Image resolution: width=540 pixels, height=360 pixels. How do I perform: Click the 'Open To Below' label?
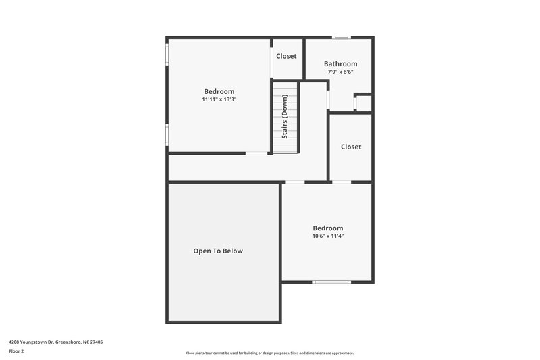tap(218, 251)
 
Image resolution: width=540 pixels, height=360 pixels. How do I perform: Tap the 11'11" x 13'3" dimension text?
tap(219, 99)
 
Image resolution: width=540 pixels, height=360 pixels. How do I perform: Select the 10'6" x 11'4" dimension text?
tap(327, 236)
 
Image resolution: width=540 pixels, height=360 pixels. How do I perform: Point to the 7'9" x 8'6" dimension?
tap(340, 72)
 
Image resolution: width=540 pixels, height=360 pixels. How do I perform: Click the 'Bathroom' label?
tap(340, 64)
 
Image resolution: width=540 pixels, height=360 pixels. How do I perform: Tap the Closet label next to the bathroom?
tap(286, 56)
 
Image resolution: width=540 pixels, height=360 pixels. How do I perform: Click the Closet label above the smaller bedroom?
tap(351, 147)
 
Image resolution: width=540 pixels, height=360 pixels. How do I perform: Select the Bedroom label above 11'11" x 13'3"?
tap(219, 91)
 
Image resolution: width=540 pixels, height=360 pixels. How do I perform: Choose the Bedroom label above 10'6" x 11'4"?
tap(327, 228)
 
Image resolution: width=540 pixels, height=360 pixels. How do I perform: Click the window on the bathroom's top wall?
tap(341, 37)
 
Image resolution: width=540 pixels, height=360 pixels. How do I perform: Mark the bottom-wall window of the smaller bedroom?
tap(332, 282)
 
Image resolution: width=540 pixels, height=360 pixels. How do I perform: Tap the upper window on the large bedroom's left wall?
tap(167, 55)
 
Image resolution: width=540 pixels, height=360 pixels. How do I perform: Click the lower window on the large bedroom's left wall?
tap(167, 134)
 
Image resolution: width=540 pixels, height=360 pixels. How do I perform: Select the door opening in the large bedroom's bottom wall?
tap(256, 153)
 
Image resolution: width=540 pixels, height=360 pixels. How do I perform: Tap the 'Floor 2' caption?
tap(16, 351)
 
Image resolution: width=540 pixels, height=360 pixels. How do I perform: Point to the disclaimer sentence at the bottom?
tap(269, 353)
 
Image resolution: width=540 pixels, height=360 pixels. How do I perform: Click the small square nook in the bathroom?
tap(363, 103)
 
